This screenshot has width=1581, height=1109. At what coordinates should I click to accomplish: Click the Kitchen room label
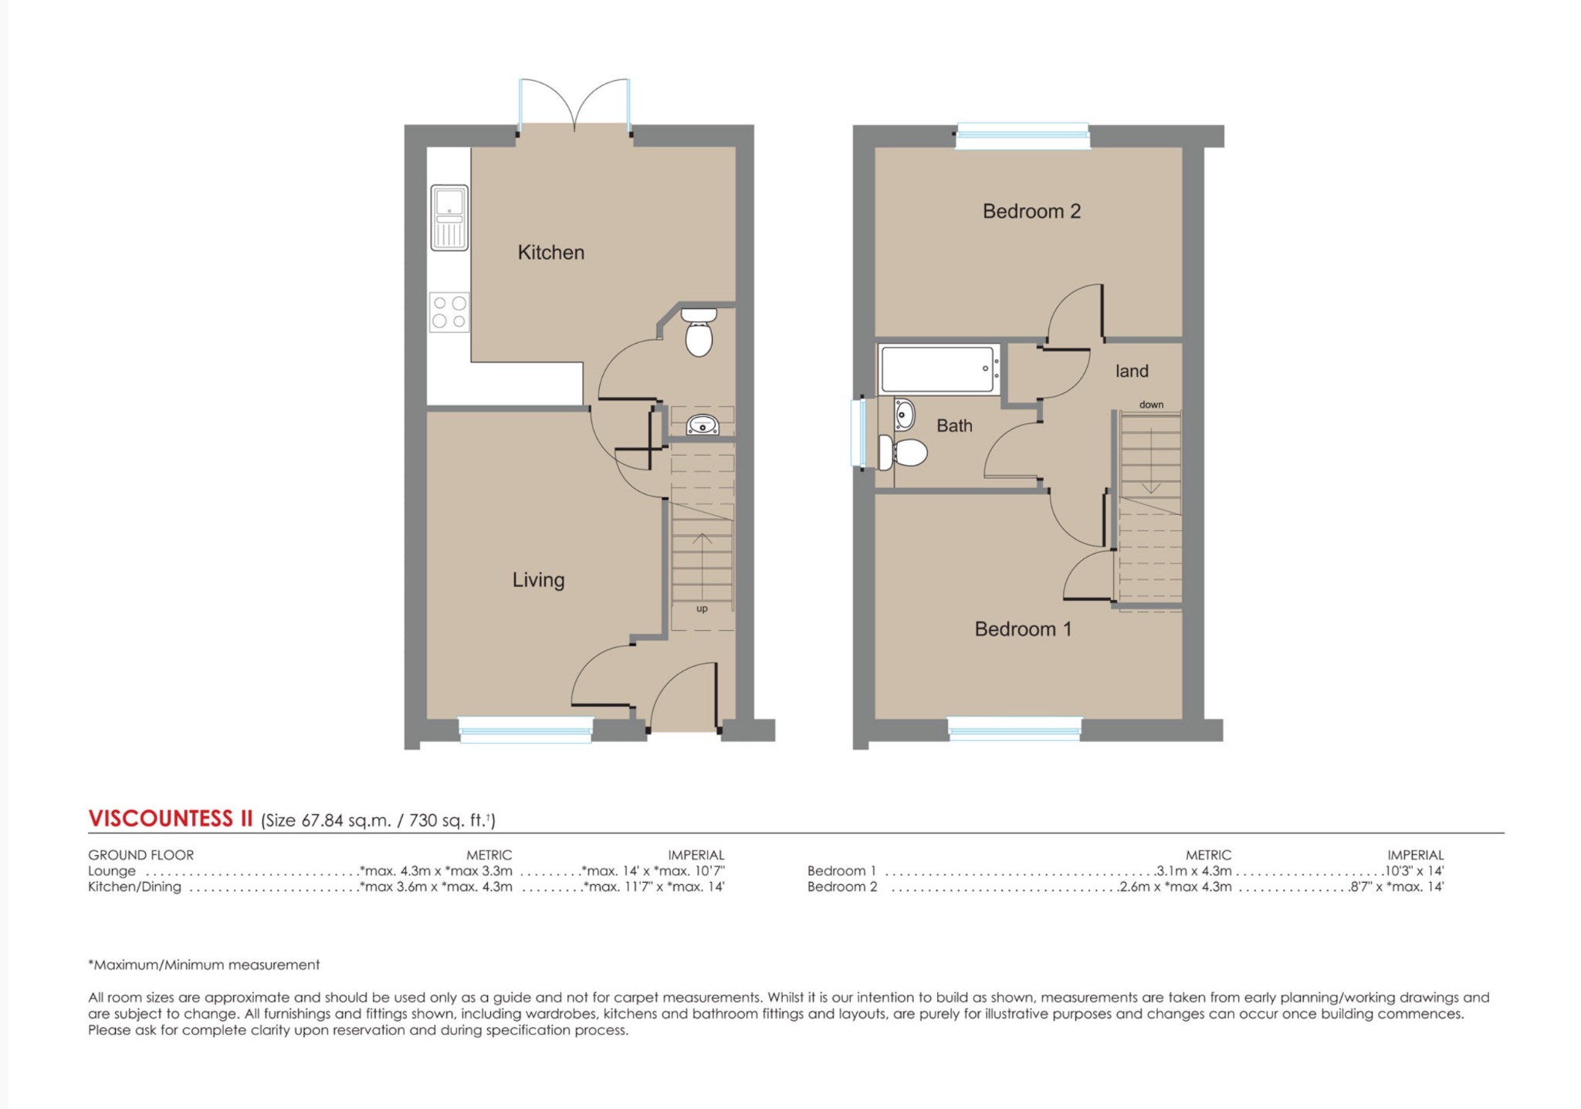tap(550, 253)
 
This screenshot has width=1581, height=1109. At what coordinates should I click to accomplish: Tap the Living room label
tap(538, 580)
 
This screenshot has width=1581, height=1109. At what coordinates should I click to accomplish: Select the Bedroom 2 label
tap(1031, 212)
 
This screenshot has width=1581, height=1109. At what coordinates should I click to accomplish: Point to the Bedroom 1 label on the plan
tap(1023, 629)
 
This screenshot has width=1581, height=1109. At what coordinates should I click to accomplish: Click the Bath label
tap(954, 426)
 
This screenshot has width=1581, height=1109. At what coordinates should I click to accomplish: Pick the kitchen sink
tap(449, 218)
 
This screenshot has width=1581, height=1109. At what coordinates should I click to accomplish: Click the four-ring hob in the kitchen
tap(449, 312)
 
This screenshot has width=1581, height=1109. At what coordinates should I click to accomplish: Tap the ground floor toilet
tap(699, 333)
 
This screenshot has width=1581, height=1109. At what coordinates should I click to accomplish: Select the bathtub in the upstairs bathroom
tap(939, 370)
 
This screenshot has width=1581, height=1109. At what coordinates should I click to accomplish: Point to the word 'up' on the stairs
tap(702, 609)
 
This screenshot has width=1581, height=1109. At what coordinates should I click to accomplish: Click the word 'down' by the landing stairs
tap(1151, 405)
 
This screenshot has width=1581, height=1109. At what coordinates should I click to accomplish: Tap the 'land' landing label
tap(1132, 371)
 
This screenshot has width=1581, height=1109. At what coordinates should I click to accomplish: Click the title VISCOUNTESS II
tap(171, 819)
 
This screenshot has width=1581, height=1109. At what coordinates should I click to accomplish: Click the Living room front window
tap(526, 730)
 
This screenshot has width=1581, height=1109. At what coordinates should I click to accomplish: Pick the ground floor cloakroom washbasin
tap(702, 425)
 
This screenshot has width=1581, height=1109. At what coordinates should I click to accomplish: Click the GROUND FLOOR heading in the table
tap(140, 855)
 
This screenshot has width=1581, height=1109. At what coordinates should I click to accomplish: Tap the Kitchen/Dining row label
tap(134, 887)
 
